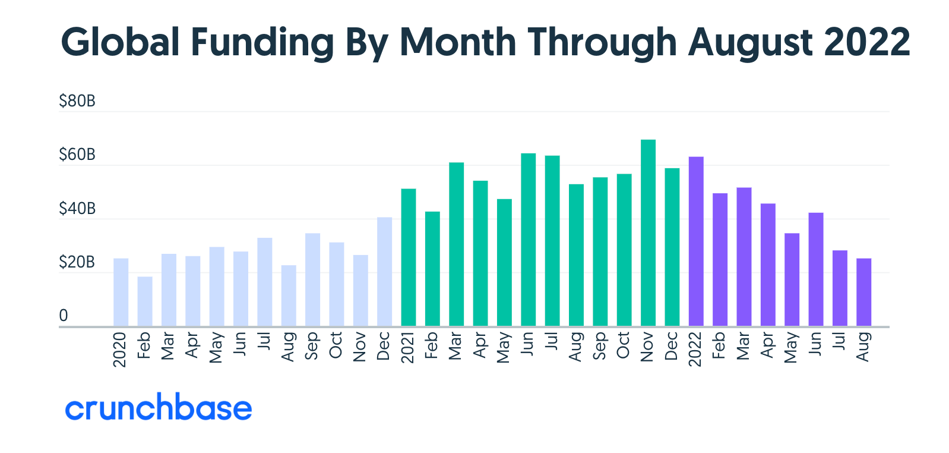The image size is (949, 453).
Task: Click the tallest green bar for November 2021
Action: click(x=648, y=232)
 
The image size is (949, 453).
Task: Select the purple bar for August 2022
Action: click(x=863, y=292)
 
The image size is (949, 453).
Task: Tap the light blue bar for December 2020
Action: click(x=384, y=272)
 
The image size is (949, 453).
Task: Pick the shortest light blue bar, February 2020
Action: click(x=145, y=301)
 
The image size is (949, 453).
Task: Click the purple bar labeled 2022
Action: click(x=696, y=241)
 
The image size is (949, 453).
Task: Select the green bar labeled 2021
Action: click(x=409, y=257)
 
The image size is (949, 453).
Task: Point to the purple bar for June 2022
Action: click(x=815, y=269)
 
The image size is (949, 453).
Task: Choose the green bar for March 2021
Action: click(x=456, y=244)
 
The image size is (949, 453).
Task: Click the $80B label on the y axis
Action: click(x=77, y=101)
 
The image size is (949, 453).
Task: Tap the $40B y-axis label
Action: click(x=77, y=209)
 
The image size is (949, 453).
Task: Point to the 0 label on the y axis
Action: click(x=64, y=316)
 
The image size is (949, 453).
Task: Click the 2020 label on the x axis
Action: click(x=120, y=350)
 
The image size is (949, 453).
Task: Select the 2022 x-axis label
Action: click(x=695, y=350)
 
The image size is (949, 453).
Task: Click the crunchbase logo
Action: click(x=159, y=408)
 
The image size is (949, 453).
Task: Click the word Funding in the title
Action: click(x=262, y=43)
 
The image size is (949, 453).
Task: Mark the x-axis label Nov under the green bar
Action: click(x=647, y=347)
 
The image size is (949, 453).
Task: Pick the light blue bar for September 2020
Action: click(x=312, y=279)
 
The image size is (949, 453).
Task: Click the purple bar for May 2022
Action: click(x=792, y=279)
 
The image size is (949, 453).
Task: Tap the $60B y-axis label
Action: click(x=77, y=155)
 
